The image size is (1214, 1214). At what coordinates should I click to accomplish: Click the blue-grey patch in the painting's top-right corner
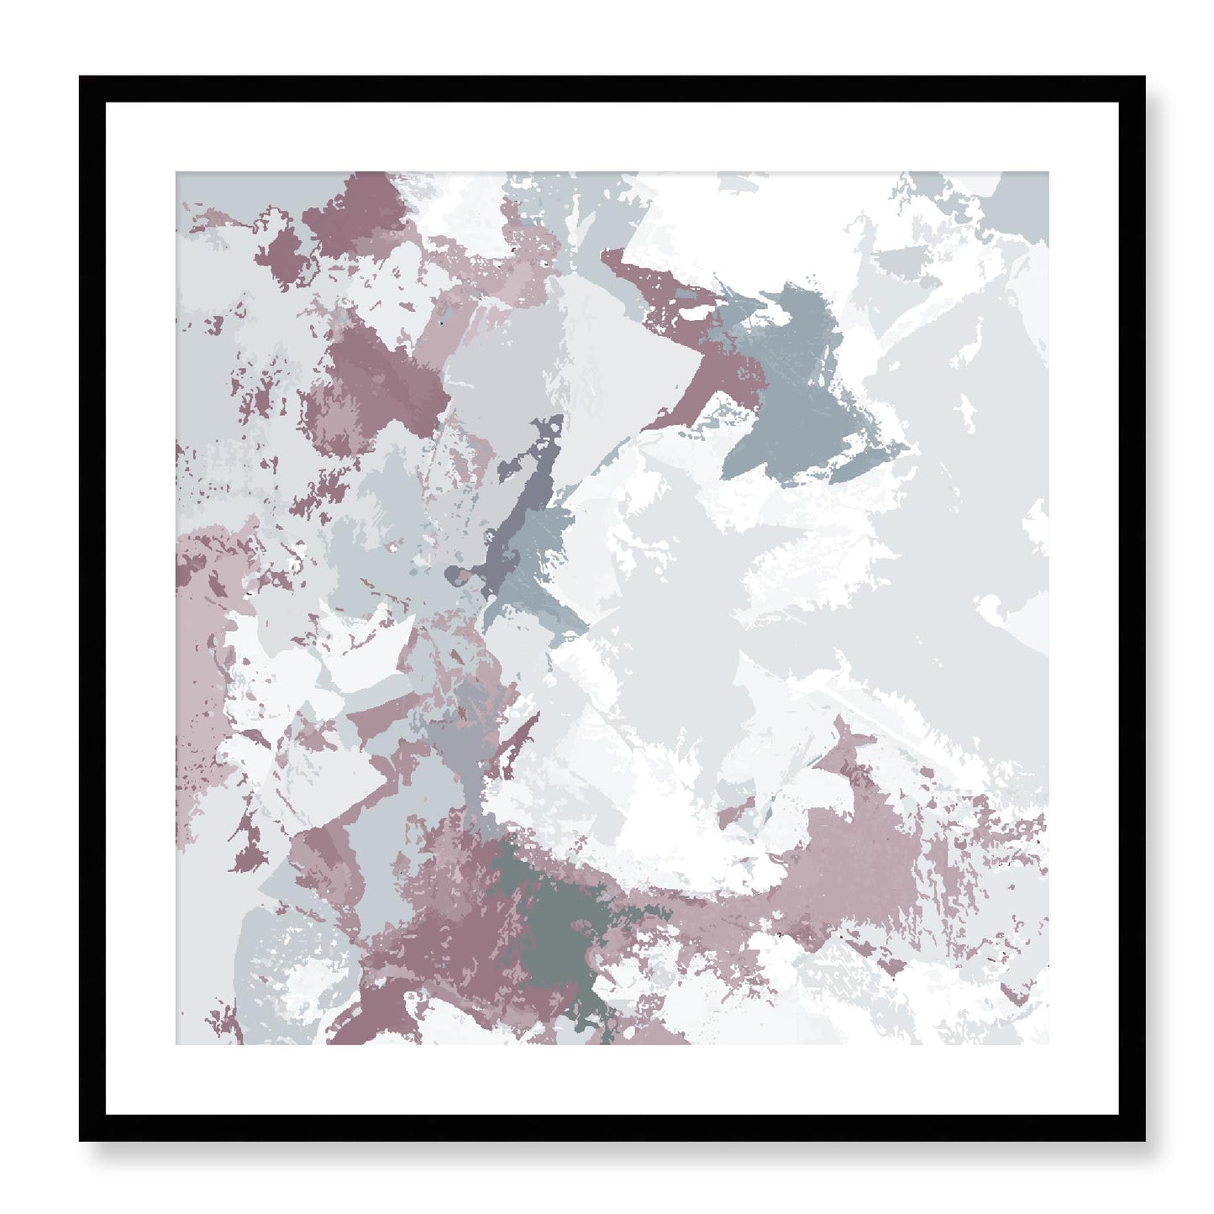pyautogui.click(x=1021, y=197)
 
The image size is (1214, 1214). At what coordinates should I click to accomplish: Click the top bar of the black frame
pyautogui.click(x=612, y=89)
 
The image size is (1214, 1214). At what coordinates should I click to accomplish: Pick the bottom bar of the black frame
pyautogui.click(x=612, y=1127)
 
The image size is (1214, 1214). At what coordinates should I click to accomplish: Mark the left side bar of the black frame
pyautogui.click(x=92, y=608)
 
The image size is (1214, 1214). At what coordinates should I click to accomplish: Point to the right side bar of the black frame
pyautogui.click(x=1132, y=608)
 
